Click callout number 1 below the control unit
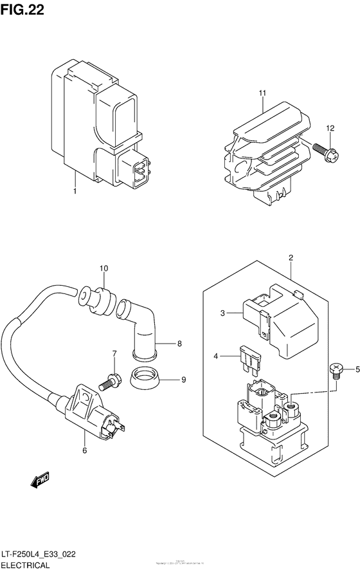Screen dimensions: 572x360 click(75, 192)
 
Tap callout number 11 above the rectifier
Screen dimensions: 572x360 click(262, 93)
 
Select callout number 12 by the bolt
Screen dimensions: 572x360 click(329, 129)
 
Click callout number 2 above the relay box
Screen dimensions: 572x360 click(291, 259)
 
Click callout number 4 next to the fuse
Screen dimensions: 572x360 click(216, 355)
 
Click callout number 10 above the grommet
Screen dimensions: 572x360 click(104, 268)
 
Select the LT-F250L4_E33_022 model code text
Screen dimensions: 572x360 click(48, 555)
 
